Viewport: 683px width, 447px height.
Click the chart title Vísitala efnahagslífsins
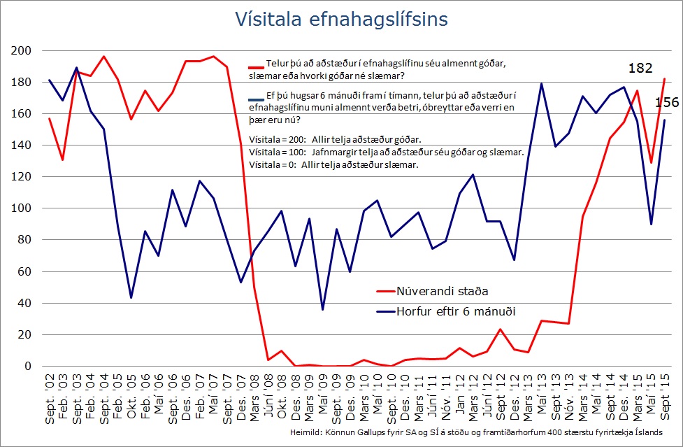(341, 20)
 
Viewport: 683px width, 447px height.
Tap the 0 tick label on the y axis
(29, 366)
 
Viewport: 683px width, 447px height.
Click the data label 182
(640, 69)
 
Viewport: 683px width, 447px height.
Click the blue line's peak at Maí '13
(541, 84)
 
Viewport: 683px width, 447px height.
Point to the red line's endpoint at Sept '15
(664, 79)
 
